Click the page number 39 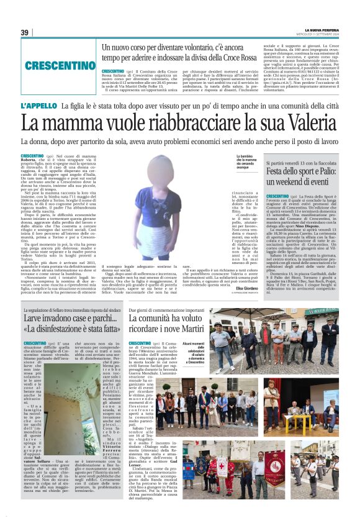[25, 32]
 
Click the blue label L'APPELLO [38, 106]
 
